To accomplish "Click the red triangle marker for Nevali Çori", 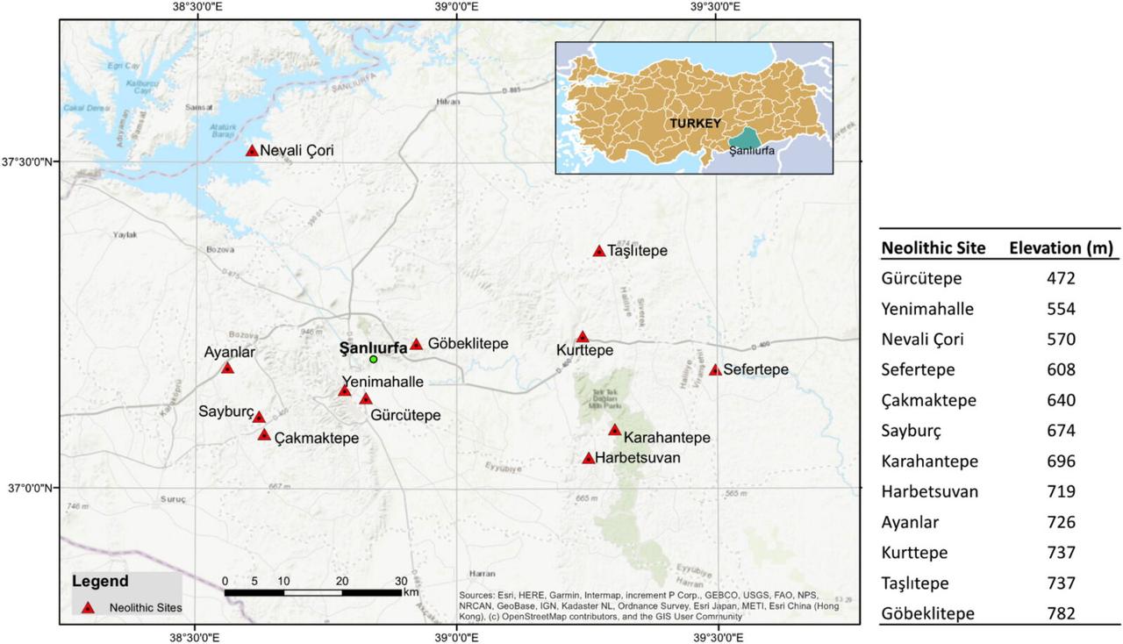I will tap(252, 151).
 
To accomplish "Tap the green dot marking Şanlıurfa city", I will tap(373, 359).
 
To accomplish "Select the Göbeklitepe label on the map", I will tap(469, 344).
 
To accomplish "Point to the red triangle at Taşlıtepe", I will tap(599, 251).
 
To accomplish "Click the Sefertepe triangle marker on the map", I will tap(715, 370).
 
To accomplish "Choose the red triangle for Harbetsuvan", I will tap(589, 458).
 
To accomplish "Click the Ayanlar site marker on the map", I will tap(227, 368).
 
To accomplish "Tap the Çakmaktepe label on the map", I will tap(317, 438).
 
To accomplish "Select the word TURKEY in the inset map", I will tap(695, 123).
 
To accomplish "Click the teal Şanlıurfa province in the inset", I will tap(746, 139).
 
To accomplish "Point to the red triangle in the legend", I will tap(87, 606).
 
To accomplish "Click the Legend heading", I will tap(100, 581).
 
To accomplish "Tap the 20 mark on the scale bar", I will tap(342, 581).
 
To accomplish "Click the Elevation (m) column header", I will tap(1061, 248).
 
